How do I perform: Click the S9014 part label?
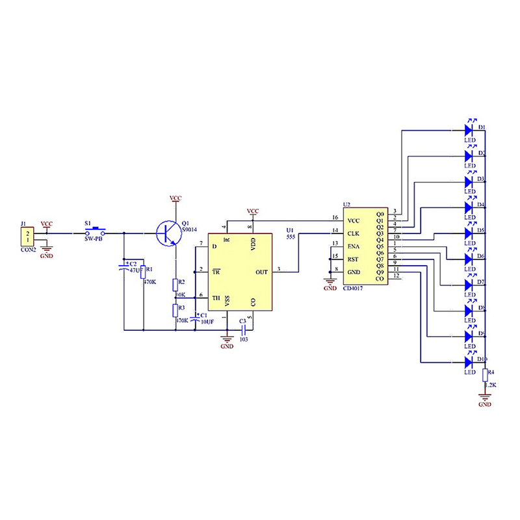point(191,229)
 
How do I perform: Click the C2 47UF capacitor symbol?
point(124,266)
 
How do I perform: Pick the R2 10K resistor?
point(175,284)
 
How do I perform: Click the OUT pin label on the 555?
point(261,272)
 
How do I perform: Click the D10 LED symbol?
point(469,362)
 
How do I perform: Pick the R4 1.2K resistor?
point(484,374)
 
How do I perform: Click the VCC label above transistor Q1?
point(175,197)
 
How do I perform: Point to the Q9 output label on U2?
point(380,272)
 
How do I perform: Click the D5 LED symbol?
point(469,232)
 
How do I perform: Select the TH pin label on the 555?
point(216,298)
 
